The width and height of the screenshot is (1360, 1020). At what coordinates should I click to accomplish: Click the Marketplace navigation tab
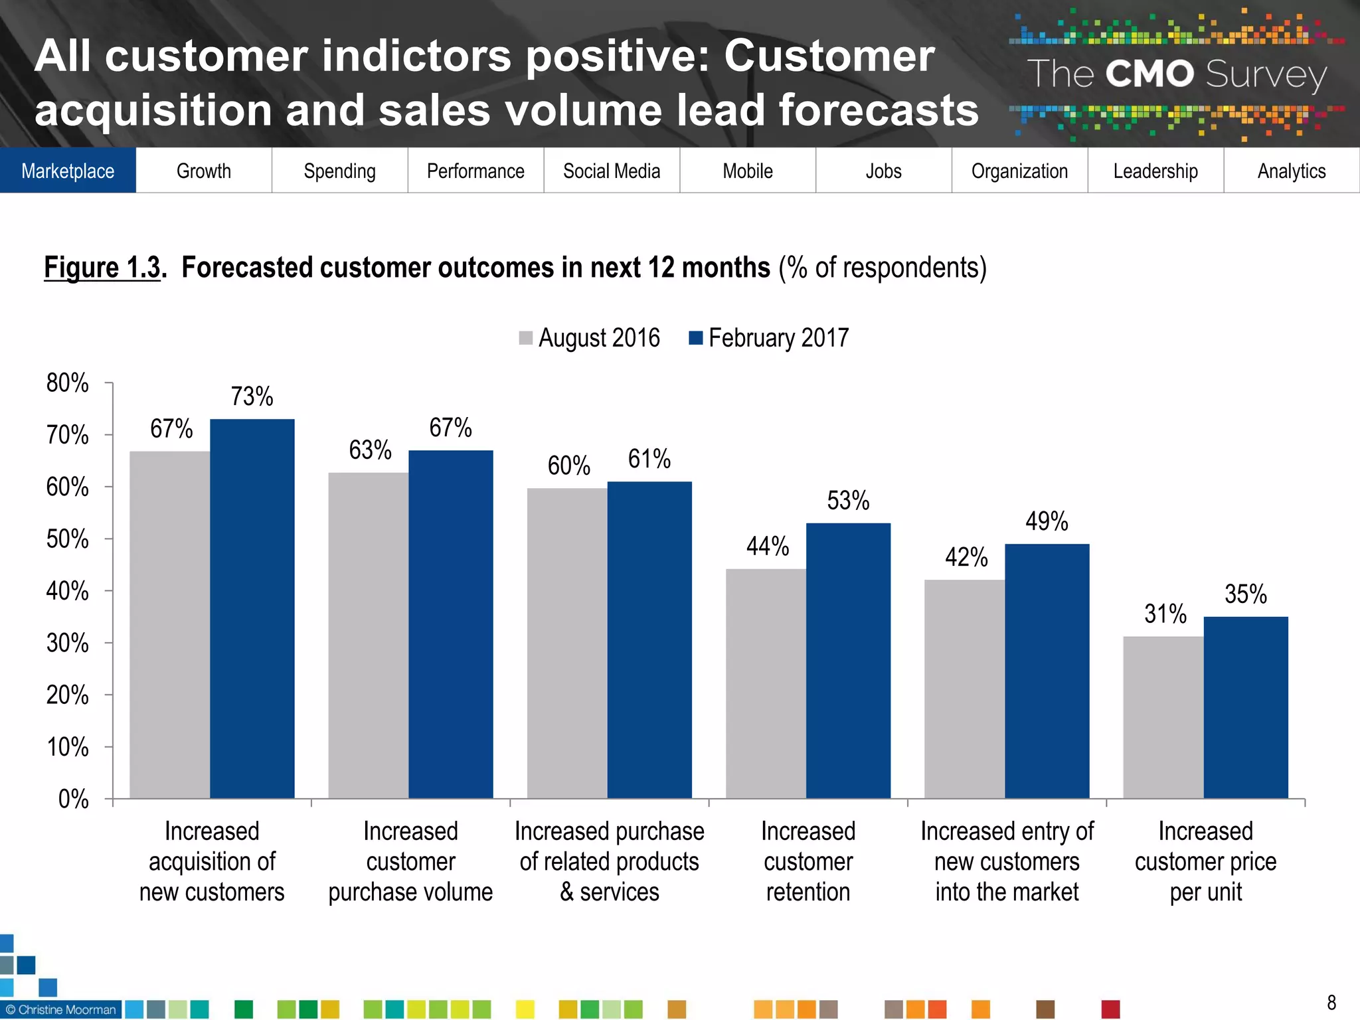pyautogui.click(x=68, y=171)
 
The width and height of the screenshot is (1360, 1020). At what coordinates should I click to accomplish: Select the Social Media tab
pyautogui.click(x=612, y=171)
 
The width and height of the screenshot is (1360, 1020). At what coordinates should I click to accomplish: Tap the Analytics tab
pyautogui.click(x=1291, y=171)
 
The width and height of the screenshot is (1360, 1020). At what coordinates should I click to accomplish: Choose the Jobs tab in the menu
pyautogui.click(x=883, y=171)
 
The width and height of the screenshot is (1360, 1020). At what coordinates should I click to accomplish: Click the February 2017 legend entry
pyautogui.click(x=770, y=338)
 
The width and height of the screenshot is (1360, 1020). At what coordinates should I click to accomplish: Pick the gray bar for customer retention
pyautogui.click(x=766, y=684)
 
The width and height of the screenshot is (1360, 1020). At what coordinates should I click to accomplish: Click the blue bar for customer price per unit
pyautogui.click(x=1246, y=707)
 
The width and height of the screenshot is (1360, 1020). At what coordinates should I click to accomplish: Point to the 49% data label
pyautogui.click(x=1047, y=521)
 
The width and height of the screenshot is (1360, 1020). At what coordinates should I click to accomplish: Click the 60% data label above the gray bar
pyautogui.click(x=568, y=466)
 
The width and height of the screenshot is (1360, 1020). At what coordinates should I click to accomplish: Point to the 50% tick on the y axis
pyautogui.click(x=67, y=539)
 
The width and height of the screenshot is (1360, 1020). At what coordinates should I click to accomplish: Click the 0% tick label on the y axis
pyautogui.click(x=73, y=799)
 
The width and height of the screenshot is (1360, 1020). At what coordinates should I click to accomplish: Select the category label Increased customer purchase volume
pyautogui.click(x=410, y=861)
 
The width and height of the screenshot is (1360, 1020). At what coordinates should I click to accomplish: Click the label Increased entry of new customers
pyautogui.click(x=1007, y=861)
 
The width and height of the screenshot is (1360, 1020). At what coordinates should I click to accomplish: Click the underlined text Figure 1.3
pyautogui.click(x=102, y=268)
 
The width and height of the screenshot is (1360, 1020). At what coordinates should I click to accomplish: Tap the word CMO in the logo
pyautogui.click(x=1149, y=74)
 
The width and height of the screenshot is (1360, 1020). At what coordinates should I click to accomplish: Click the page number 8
pyautogui.click(x=1331, y=1002)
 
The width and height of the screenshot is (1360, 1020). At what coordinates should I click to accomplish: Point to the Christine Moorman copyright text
pyautogui.click(x=61, y=1009)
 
